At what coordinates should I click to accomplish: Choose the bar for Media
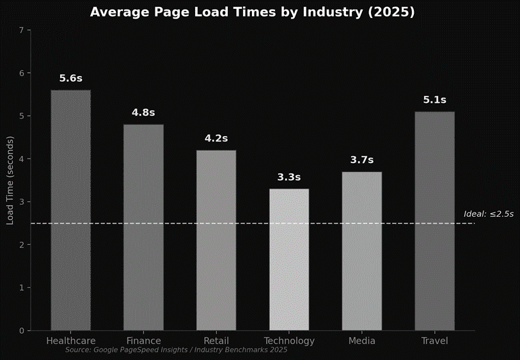point(361,251)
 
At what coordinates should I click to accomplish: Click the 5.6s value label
point(71,79)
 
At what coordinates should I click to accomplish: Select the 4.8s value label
point(143,113)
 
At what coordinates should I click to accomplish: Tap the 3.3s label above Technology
point(288,177)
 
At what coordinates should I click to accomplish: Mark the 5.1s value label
point(434,100)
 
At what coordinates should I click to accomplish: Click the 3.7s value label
point(361,160)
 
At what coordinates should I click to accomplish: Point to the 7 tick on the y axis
point(22,30)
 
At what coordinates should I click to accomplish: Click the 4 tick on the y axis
point(22,159)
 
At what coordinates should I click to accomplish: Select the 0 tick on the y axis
point(22,331)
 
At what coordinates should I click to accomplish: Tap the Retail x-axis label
point(216,341)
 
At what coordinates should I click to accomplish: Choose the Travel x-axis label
point(434,341)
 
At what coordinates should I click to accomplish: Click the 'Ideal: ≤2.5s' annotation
point(489,214)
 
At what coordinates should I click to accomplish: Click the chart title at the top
point(252,13)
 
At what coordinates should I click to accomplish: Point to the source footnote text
point(176,350)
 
